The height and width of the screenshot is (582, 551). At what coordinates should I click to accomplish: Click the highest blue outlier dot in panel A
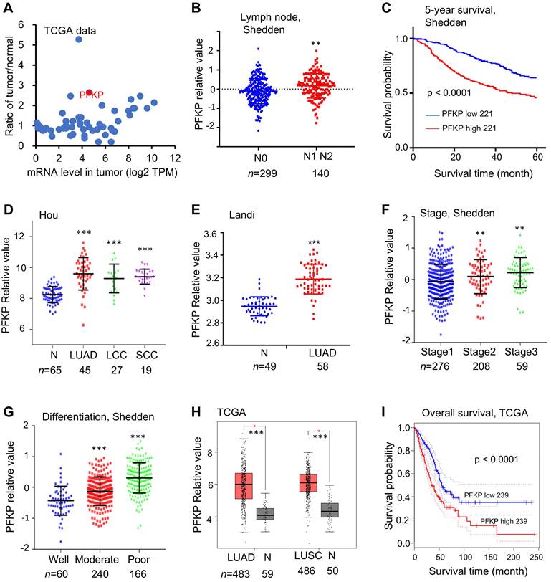click(x=79, y=39)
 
